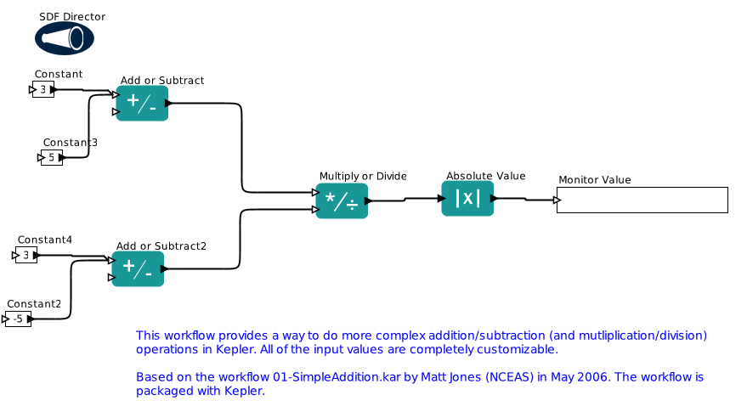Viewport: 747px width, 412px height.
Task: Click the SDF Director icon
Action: (65, 38)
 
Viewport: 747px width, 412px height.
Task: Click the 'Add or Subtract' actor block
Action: (142, 104)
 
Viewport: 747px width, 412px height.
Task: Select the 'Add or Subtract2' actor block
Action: (138, 268)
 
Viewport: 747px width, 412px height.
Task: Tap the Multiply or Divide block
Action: (342, 201)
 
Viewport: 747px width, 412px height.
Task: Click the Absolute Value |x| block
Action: (467, 198)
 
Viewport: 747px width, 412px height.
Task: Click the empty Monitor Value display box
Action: (642, 200)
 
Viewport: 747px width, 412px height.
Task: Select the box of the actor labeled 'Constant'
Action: (43, 89)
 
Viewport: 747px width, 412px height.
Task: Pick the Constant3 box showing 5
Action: (52, 157)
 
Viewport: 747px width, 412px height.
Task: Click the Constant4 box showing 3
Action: (26, 255)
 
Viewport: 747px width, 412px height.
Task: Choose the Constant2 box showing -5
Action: (19, 319)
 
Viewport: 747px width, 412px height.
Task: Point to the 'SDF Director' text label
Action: (72, 17)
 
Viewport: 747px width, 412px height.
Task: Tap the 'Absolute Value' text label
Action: (485, 176)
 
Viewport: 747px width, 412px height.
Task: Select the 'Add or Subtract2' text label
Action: (161, 246)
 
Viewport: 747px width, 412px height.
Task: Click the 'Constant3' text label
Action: (71, 142)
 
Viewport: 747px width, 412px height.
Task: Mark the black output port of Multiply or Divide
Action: (368, 201)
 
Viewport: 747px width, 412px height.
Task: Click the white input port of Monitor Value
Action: (557, 200)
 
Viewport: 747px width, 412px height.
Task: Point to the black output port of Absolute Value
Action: (494, 198)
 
